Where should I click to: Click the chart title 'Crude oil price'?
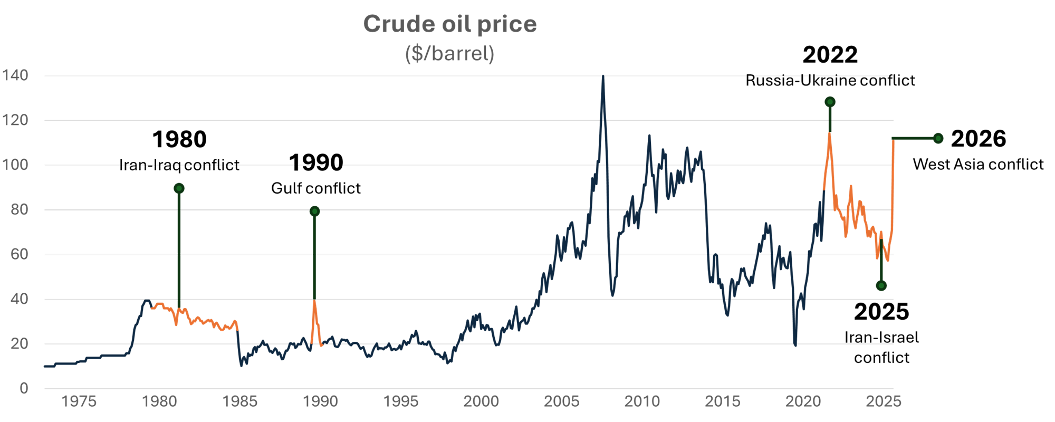tap(449, 24)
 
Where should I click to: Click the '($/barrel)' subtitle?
tap(449, 53)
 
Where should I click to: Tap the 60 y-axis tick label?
tap(20, 254)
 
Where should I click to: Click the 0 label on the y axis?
tap(24, 389)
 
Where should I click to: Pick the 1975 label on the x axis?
tap(79, 402)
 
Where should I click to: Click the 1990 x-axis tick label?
tap(320, 402)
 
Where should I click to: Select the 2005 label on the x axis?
tap(561, 402)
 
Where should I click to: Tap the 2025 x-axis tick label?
tap(884, 402)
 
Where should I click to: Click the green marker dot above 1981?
tap(179, 188)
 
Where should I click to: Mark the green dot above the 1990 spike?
tap(314, 212)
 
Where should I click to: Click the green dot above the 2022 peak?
tap(830, 102)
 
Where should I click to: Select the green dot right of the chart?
tap(938, 138)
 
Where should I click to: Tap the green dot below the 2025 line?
tap(881, 286)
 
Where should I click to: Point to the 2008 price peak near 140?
tap(603, 77)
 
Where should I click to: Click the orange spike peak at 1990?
tap(314, 301)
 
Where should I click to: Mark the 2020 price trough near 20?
tap(795, 344)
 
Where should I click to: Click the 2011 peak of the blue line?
tap(649, 136)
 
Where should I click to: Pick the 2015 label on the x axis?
tap(723, 402)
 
